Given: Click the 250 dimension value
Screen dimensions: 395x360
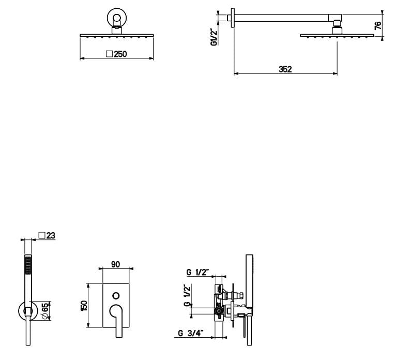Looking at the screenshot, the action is click(x=120, y=54).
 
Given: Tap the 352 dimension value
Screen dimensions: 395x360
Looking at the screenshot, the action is click(x=285, y=69).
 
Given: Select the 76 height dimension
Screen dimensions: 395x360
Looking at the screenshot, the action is click(x=378, y=25).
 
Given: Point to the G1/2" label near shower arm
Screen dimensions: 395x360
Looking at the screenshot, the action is click(x=214, y=37).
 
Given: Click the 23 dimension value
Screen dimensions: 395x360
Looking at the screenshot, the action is click(x=51, y=235).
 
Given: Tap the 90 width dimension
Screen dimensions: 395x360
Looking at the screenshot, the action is click(x=115, y=264).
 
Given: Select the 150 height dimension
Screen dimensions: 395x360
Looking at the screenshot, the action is click(x=84, y=306).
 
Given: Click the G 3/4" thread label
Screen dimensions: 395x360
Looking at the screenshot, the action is click(x=191, y=333).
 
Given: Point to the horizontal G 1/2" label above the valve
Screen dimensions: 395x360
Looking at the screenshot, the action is click(x=197, y=272).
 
